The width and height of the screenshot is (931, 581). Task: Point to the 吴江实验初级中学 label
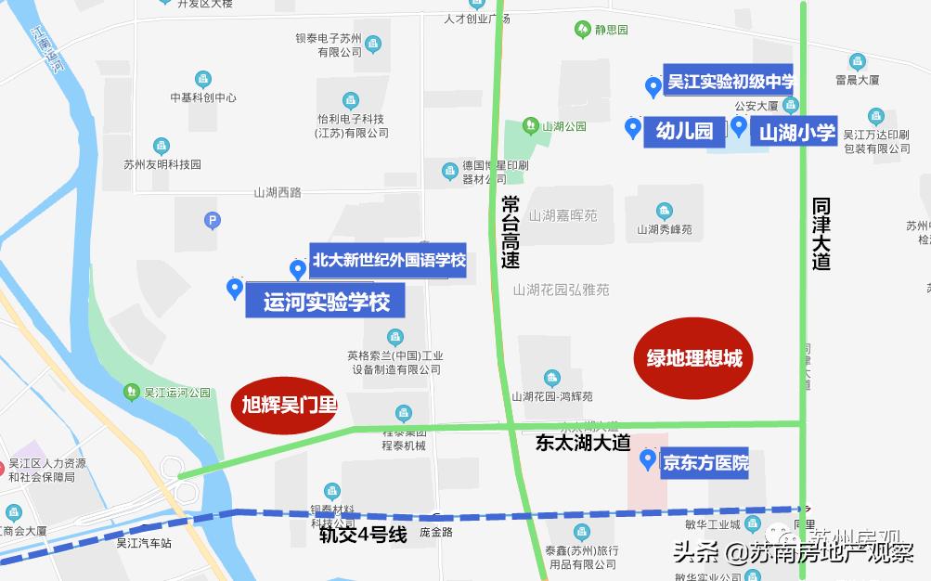pos(731,82)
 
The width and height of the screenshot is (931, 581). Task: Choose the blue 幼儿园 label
pos(684,131)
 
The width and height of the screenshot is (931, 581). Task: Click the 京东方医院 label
pos(705,462)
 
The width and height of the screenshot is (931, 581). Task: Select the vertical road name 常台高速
pos(511,231)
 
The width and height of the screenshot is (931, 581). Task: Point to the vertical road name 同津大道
pos(821,232)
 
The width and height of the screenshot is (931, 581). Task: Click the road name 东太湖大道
pos(583,444)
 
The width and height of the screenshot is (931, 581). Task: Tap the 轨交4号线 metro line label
pos(364,535)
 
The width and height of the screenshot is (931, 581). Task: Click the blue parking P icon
pos(212,221)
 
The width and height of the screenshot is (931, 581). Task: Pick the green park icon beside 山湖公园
pos(530,124)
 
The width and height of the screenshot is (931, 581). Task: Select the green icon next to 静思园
pos(582,29)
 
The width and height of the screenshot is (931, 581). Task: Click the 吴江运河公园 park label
pos(177,393)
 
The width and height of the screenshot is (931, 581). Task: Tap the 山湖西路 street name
pos(278,192)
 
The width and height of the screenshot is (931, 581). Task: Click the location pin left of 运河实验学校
pos(235,289)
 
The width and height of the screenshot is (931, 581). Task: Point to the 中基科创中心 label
pos(203,97)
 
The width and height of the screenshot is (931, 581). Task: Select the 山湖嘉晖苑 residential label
pos(562,215)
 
